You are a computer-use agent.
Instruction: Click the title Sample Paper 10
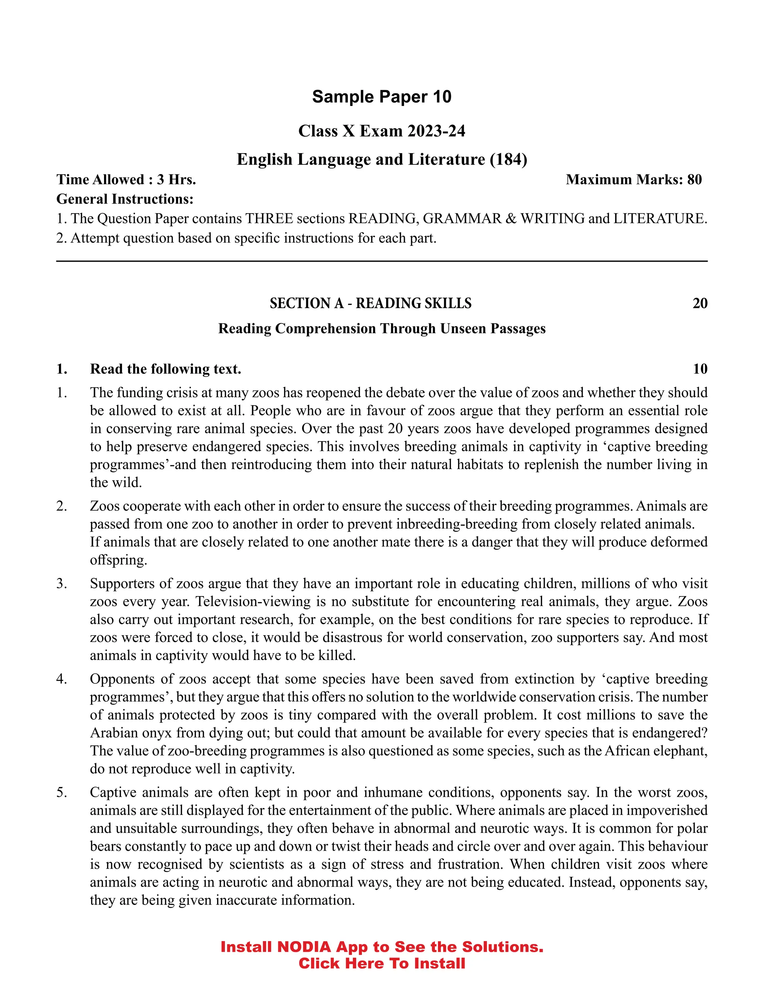click(382, 97)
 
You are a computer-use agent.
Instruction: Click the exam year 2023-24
click(436, 131)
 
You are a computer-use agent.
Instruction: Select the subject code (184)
click(508, 160)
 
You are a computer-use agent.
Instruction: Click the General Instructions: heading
click(125, 199)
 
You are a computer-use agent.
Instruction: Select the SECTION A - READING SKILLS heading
click(370, 303)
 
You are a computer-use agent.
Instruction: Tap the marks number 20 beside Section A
click(700, 303)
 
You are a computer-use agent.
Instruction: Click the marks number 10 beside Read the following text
click(700, 369)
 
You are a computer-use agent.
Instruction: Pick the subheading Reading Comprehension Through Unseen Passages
click(382, 328)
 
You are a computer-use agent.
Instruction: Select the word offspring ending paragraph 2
click(118, 560)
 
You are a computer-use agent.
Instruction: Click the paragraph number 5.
click(61, 792)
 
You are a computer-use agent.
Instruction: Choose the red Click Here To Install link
click(382, 963)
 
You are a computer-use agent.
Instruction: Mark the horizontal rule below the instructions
click(382, 261)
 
